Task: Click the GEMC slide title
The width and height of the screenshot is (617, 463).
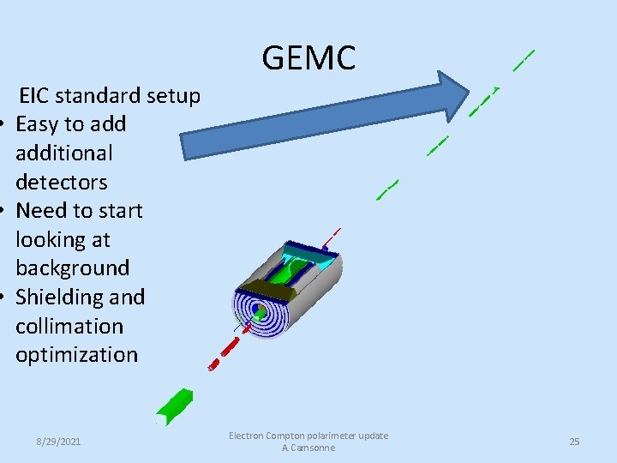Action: click(308, 57)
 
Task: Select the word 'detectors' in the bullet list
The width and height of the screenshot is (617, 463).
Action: click(62, 182)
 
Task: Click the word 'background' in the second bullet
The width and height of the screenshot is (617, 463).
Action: click(72, 268)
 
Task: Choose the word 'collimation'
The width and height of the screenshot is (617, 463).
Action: click(69, 326)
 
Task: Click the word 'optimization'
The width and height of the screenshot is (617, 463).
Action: click(76, 354)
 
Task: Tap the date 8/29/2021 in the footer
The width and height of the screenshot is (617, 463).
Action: click(58, 442)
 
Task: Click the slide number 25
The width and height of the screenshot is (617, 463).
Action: click(574, 442)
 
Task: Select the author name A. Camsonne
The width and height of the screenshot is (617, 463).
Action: click(308, 448)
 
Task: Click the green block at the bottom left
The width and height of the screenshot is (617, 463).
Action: click(175, 407)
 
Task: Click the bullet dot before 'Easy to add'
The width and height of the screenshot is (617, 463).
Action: click(5, 125)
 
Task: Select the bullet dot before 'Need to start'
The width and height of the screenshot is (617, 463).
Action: click(5, 211)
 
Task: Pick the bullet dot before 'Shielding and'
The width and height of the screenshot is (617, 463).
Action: click(5, 298)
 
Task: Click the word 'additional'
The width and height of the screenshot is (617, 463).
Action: click(64, 153)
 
